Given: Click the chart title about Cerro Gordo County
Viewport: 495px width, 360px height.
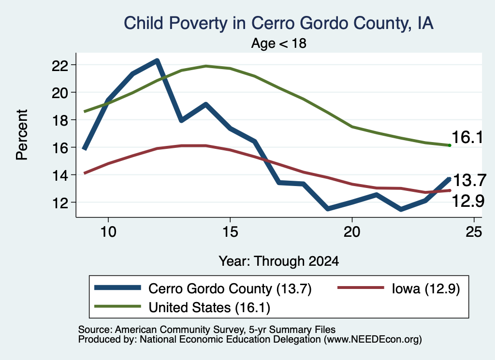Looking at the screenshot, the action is pyautogui.click(x=278, y=23).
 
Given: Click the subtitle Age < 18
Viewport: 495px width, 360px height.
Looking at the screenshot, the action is pyautogui.click(x=279, y=43).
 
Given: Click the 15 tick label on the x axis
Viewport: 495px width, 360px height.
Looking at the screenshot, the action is pyautogui.click(x=230, y=232).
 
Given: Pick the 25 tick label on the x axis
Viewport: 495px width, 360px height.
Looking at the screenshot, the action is pyautogui.click(x=474, y=232).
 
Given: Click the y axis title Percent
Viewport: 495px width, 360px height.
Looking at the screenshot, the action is pyautogui.click(x=22, y=135).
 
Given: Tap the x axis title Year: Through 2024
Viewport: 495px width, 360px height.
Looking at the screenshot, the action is pyautogui.click(x=279, y=261).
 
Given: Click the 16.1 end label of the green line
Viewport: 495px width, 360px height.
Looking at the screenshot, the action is pyautogui.click(x=467, y=137).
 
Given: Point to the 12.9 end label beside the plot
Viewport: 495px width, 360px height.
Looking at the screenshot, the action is pyautogui.click(x=468, y=201).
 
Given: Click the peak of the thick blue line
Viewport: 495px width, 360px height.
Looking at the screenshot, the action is pyautogui.click(x=157, y=60).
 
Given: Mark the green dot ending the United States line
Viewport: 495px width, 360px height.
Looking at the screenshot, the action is pyautogui.click(x=450, y=145).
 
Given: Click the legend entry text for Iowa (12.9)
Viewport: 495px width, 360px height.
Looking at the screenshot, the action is pyautogui.click(x=426, y=288).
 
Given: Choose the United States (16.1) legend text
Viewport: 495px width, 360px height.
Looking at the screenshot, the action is pyautogui.click(x=209, y=307).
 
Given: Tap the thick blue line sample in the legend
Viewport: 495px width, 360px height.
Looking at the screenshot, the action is pyautogui.click(x=117, y=288).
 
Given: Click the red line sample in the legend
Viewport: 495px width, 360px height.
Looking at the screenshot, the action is pyautogui.click(x=361, y=288).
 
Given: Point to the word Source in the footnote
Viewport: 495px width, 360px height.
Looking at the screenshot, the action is pyautogui.click(x=94, y=330).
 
